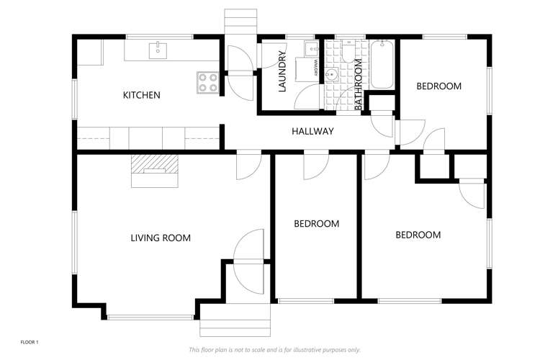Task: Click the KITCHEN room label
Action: pos(141,95)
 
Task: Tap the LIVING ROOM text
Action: pos(160,238)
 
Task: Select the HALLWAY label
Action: pos(312,131)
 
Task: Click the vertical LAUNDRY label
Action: pos(283,76)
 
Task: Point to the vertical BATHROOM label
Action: pos(358,86)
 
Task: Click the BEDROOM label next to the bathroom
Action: pos(438,86)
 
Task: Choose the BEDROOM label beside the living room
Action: pos(316,224)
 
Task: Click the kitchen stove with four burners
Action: pos(208,82)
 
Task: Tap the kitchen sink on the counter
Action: pos(158,50)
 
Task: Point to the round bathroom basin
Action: pos(333,74)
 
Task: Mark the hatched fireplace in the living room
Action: pos(153,164)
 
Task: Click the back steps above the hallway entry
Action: pos(240,20)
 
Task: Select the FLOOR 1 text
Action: pos(29,342)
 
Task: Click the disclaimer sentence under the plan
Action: pos(274,350)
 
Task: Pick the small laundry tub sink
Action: pos(310,48)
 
